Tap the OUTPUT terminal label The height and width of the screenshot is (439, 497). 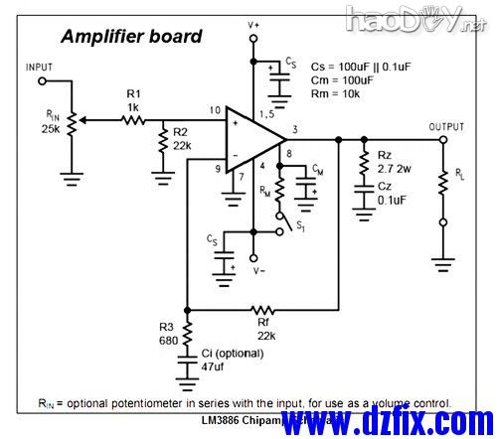point(446,127)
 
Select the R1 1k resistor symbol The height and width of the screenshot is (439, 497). point(134,119)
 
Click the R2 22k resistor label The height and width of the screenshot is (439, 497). point(180,138)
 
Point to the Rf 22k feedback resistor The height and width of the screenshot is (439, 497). point(263,308)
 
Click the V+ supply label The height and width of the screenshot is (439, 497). point(254,22)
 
